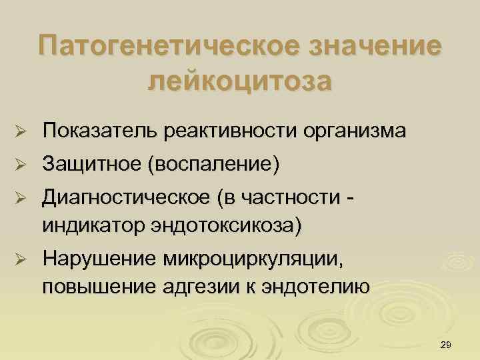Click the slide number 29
(447, 343)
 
